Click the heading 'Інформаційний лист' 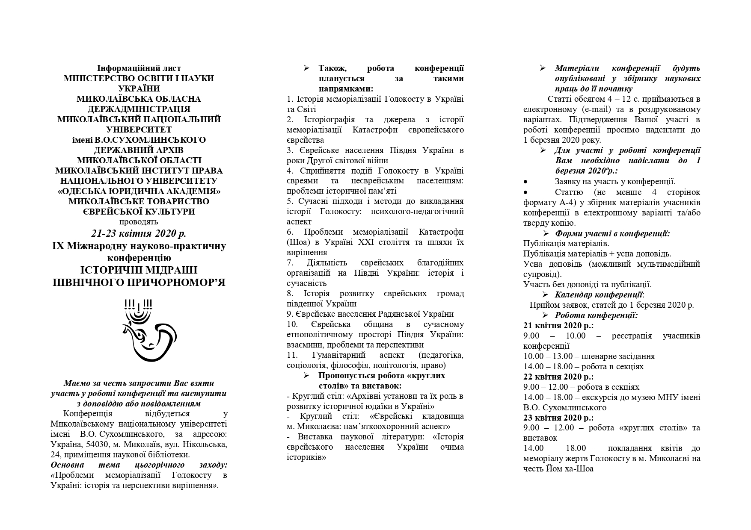point(139,68)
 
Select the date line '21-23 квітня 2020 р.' point(139,234)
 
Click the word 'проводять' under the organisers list point(139,222)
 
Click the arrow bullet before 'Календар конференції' point(545,295)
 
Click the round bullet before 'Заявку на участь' point(525,182)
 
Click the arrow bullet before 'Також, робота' point(306,68)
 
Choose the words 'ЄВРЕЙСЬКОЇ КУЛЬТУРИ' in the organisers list point(139,212)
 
